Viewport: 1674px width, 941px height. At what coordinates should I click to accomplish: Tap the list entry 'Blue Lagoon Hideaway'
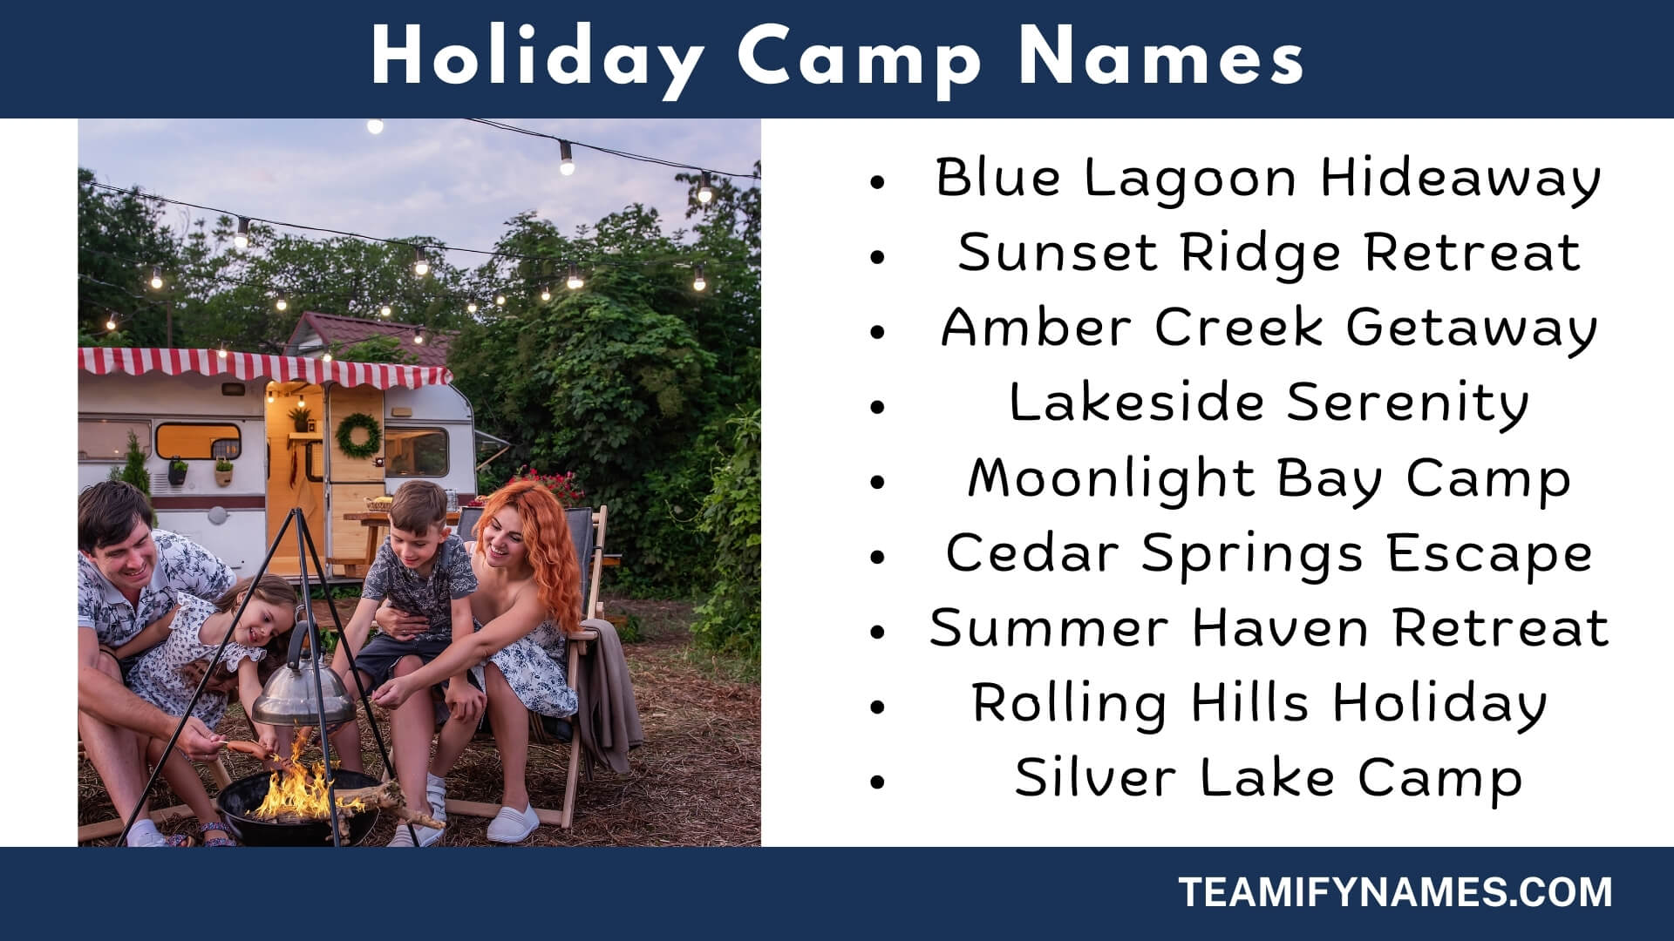[1268, 179]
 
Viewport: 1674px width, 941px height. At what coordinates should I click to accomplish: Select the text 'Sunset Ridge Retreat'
[1269, 254]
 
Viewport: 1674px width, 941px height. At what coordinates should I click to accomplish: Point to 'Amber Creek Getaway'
[1269, 328]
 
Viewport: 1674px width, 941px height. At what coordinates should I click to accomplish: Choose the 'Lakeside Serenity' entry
[1269, 403]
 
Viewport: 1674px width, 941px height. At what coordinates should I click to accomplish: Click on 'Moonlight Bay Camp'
[1269, 478]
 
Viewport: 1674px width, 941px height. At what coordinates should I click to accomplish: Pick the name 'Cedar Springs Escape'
[1269, 553]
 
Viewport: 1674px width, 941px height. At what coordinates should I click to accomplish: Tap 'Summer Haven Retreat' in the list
[1269, 628]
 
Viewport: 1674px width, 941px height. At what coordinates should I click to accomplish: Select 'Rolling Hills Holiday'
[1260, 703]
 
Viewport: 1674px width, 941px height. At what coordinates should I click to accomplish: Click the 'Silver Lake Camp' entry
[1269, 778]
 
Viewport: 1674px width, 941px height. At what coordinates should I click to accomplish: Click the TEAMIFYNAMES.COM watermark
[1395, 893]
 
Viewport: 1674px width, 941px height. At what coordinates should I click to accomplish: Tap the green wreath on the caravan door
[358, 436]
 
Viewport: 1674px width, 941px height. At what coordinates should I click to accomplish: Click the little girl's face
[262, 619]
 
